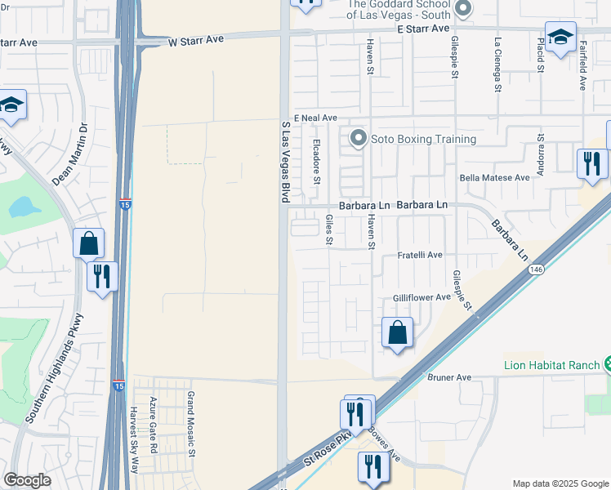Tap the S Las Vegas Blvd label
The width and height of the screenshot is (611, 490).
point(286,163)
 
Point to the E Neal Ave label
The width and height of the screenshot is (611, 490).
point(315,118)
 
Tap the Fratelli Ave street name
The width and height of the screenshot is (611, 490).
point(419,255)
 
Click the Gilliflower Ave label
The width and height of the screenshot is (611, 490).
point(421,298)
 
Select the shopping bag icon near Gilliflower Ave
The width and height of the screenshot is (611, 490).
point(398,333)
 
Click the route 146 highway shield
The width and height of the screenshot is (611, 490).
point(536,269)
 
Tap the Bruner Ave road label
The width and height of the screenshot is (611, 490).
point(449,377)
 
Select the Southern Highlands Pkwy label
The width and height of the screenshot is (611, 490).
point(50,381)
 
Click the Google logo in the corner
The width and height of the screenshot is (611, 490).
point(28,480)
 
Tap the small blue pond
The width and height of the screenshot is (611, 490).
point(25,207)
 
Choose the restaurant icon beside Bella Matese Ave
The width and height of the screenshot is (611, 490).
point(590,163)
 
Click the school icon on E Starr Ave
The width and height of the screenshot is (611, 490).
point(561,37)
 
